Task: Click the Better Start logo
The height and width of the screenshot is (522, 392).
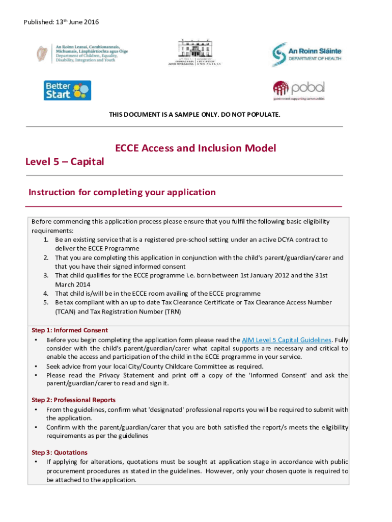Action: pos(67,90)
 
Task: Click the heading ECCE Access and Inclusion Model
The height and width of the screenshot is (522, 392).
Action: pos(195,148)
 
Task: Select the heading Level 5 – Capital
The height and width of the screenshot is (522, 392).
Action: pos(65,162)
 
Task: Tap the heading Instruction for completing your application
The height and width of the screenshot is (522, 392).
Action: pos(122,192)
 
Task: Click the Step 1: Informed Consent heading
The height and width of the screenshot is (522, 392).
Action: pos(70,330)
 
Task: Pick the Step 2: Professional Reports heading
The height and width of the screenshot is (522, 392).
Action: pos(73,400)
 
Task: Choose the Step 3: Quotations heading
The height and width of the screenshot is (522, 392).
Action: pos(60,453)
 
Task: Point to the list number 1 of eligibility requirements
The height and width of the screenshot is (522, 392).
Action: pos(45,240)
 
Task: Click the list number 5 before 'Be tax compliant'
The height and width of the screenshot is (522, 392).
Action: pos(45,303)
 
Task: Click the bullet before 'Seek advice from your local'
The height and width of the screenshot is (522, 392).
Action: pos(36,366)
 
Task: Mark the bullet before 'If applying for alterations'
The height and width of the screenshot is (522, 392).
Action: pos(36,462)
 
